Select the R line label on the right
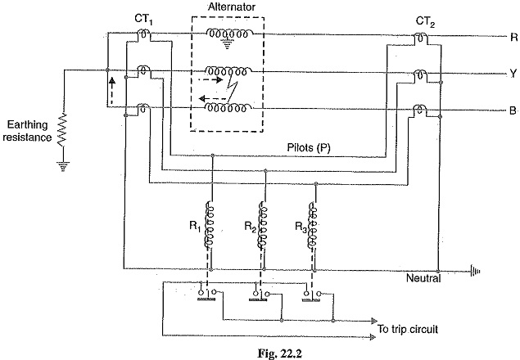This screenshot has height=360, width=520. click(x=513, y=37)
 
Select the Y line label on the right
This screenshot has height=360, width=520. click(x=513, y=73)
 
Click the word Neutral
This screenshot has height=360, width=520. click(x=423, y=279)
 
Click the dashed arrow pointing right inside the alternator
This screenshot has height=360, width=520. click(x=213, y=81)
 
